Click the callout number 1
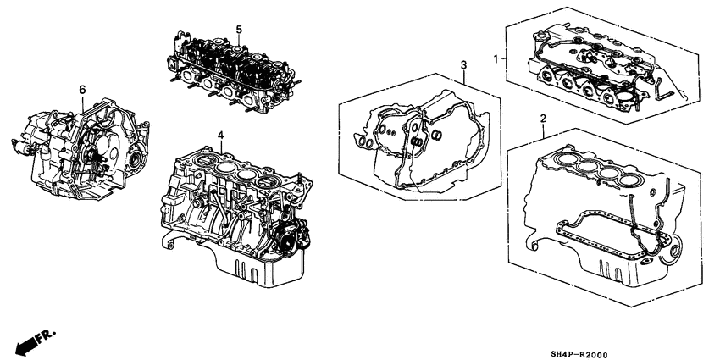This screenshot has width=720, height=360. click(x=497, y=58)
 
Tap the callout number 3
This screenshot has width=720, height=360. click(x=463, y=65)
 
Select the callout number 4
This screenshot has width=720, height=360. click(x=219, y=135)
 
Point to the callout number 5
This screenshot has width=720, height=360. click(x=239, y=30)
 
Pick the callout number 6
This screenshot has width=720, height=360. click(x=82, y=88)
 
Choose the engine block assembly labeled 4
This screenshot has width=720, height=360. click(x=229, y=203)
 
